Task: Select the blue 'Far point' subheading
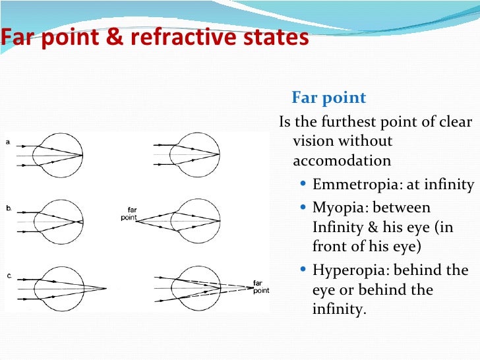point(328,98)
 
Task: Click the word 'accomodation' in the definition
point(341,161)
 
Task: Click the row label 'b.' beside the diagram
point(9,208)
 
